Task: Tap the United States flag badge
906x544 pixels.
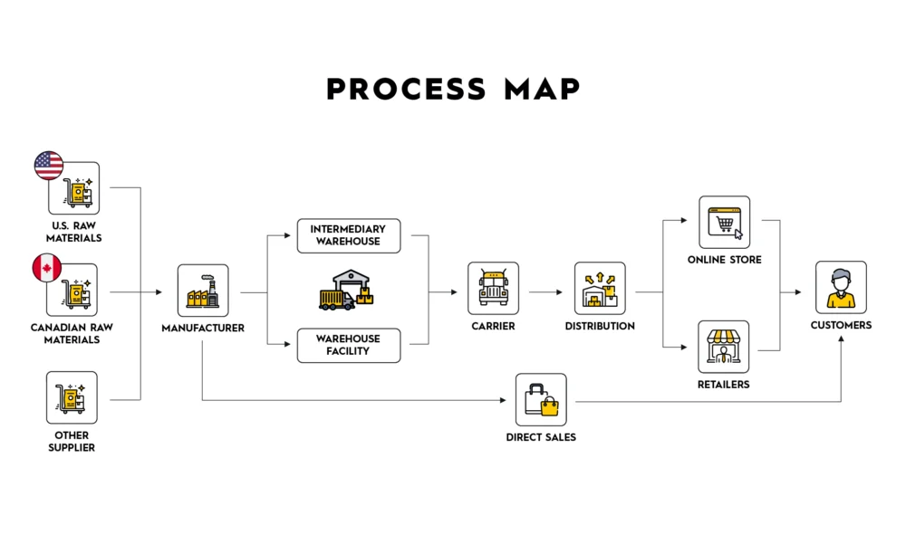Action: pyautogui.click(x=49, y=166)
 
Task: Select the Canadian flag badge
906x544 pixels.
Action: pyautogui.click(x=46, y=268)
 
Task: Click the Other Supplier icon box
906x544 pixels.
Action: pyautogui.click(x=72, y=397)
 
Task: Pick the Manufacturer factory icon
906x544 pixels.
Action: pyautogui.click(x=203, y=291)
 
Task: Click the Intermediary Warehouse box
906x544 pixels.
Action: pyautogui.click(x=348, y=235)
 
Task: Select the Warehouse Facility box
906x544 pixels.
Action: pyautogui.click(x=348, y=345)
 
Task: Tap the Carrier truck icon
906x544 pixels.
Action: pyautogui.click(x=493, y=288)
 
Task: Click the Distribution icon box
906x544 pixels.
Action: pyautogui.click(x=600, y=288)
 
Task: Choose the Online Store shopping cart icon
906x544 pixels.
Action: pyautogui.click(x=724, y=222)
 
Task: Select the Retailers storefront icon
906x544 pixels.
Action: pyautogui.click(x=724, y=347)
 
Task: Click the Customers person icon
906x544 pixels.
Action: pyautogui.click(x=841, y=287)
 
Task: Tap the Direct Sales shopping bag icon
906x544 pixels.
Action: pyautogui.click(x=541, y=399)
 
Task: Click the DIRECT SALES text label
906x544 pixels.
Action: pyautogui.click(x=541, y=437)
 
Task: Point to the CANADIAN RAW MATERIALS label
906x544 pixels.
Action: pyautogui.click(x=72, y=333)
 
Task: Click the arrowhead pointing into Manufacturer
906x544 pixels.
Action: pyautogui.click(x=159, y=292)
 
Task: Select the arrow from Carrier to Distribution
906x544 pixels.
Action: pyautogui.click(x=546, y=292)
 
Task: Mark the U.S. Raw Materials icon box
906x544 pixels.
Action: pyautogui.click(x=75, y=188)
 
